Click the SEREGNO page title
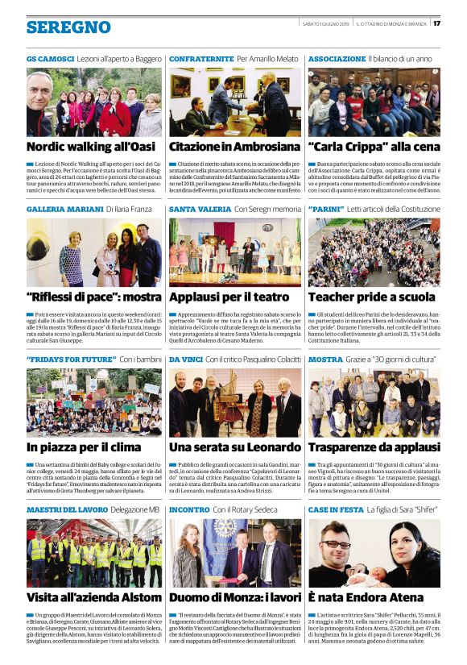pyautogui.click(x=68, y=27)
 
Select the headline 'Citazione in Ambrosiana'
pyautogui.click(x=233, y=147)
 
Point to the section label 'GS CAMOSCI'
pyautogui.click(x=50, y=60)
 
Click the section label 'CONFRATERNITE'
pyautogui.click(x=201, y=60)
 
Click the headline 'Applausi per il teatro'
pyautogui.click(x=229, y=296)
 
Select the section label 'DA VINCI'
pyautogui.click(x=185, y=358)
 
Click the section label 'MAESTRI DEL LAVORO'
pyautogui.click(x=67, y=509)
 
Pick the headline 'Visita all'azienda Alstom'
pyautogui.click(x=93, y=597)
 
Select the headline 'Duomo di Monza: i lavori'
pyautogui.click(x=233, y=597)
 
